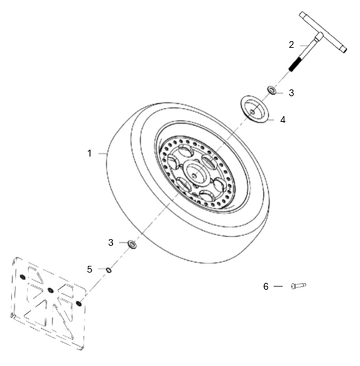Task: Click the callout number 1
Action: tap(89, 154)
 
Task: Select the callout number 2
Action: tap(291, 44)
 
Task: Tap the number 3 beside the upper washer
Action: tap(291, 93)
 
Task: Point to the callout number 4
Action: tap(282, 119)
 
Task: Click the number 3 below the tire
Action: tap(110, 242)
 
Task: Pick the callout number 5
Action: tap(89, 269)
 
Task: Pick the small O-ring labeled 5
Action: tap(108, 269)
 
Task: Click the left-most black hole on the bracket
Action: tap(22, 278)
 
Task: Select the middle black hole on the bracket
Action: tap(51, 291)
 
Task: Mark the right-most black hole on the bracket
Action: tap(79, 304)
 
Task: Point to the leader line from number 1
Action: tap(101, 154)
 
